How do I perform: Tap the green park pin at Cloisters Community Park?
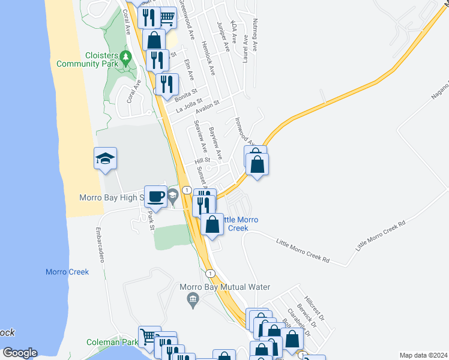coord(125,58)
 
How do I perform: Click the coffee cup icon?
coord(155,196)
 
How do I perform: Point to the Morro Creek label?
coord(67,272)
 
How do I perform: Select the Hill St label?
coord(201,161)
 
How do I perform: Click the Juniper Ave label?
coord(223,37)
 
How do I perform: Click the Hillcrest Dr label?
coord(314,307)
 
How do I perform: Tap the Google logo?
coord(20,353)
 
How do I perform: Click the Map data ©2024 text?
coord(423,355)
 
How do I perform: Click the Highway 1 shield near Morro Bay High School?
coord(187,190)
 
